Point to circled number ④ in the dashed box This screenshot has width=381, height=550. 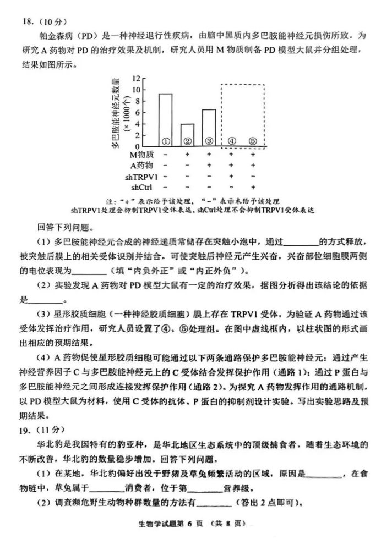click(231, 141)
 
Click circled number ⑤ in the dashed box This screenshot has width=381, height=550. click(253, 141)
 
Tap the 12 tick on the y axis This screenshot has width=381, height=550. click(137, 79)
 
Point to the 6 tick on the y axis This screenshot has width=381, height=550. click(138, 112)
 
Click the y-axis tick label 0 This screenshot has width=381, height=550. click(138, 146)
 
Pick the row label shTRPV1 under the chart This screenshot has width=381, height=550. click(141, 177)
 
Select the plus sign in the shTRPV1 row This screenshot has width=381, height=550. click(231, 177)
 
